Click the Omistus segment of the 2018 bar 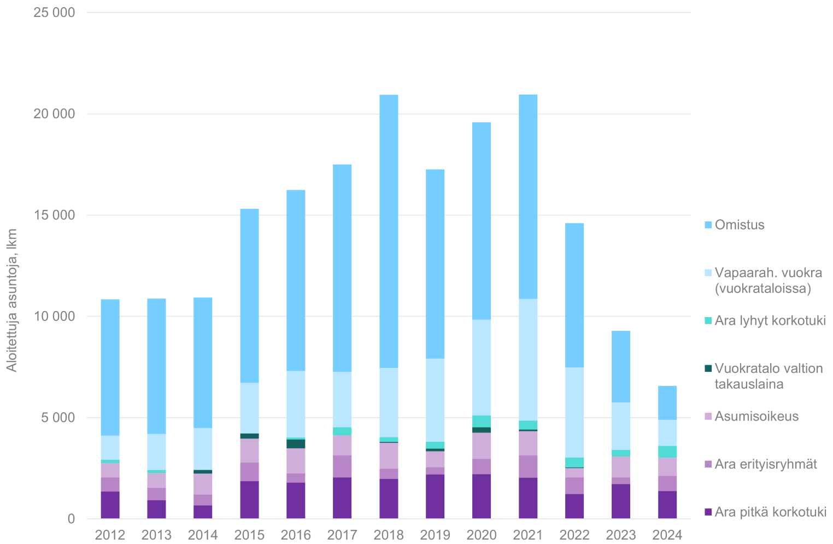click(389, 231)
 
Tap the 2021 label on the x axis click(528, 535)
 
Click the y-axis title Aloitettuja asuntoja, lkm click(12, 300)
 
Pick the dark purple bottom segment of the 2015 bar click(249, 499)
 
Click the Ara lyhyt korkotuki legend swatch click(708, 321)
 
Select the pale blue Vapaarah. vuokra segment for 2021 click(528, 359)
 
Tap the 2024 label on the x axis click(667, 535)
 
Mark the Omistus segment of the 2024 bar click(667, 402)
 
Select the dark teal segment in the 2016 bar click(296, 443)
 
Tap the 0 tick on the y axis click(71, 519)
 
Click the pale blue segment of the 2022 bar click(574, 412)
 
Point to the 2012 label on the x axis click(110, 535)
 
